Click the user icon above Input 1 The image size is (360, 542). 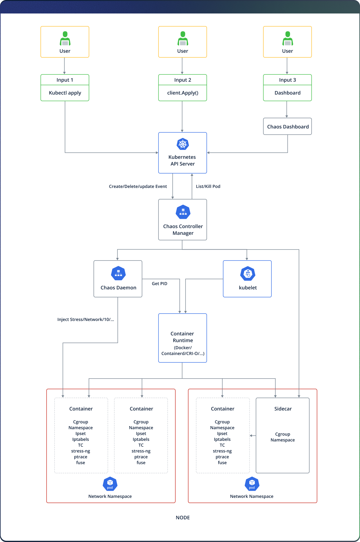(65, 38)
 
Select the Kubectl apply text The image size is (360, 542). (65, 93)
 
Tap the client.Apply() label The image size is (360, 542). (182, 93)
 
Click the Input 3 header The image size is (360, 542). (287, 80)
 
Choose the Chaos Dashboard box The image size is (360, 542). (287, 127)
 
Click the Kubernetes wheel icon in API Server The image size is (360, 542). (183, 144)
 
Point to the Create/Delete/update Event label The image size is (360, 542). (138, 186)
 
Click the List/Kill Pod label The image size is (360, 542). (208, 186)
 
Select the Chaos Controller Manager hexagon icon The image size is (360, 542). (183, 212)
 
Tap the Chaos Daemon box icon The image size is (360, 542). (118, 273)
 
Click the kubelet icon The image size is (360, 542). (248, 273)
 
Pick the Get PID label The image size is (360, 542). (159, 284)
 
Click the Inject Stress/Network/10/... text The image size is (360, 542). (86, 319)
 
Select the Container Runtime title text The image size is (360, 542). (182, 337)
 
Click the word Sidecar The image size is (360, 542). (283, 409)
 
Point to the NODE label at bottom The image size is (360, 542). (183, 518)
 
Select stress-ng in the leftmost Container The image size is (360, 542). (81, 451)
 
